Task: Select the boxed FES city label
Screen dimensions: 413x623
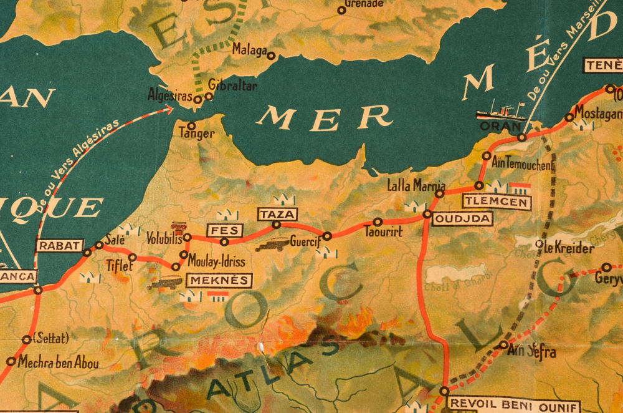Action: click(224, 230)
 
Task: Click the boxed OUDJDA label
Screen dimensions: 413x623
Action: click(462, 218)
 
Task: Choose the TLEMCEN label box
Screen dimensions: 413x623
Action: click(497, 202)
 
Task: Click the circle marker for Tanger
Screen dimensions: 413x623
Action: click(191, 125)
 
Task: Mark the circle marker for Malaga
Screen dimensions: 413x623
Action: click(271, 56)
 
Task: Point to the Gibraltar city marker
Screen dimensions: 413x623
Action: click(209, 97)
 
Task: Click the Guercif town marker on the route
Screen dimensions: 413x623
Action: click(327, 236)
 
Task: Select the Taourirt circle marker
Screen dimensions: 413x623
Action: click(378, 221)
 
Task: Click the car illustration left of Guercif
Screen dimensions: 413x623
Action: click(272, 245)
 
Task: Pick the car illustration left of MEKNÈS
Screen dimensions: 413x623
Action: click(164, 283)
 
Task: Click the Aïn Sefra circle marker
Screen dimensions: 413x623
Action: click(503, 344)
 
